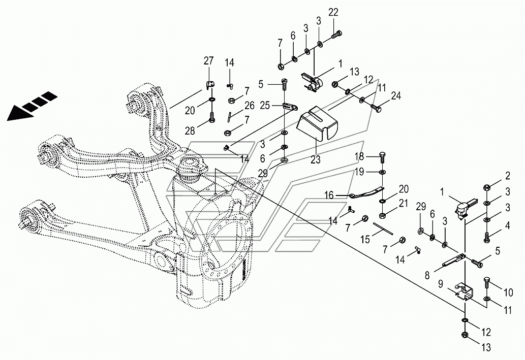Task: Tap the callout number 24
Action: click(396, 95)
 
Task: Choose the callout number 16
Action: click(329, 194)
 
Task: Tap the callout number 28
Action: click(190, 131)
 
